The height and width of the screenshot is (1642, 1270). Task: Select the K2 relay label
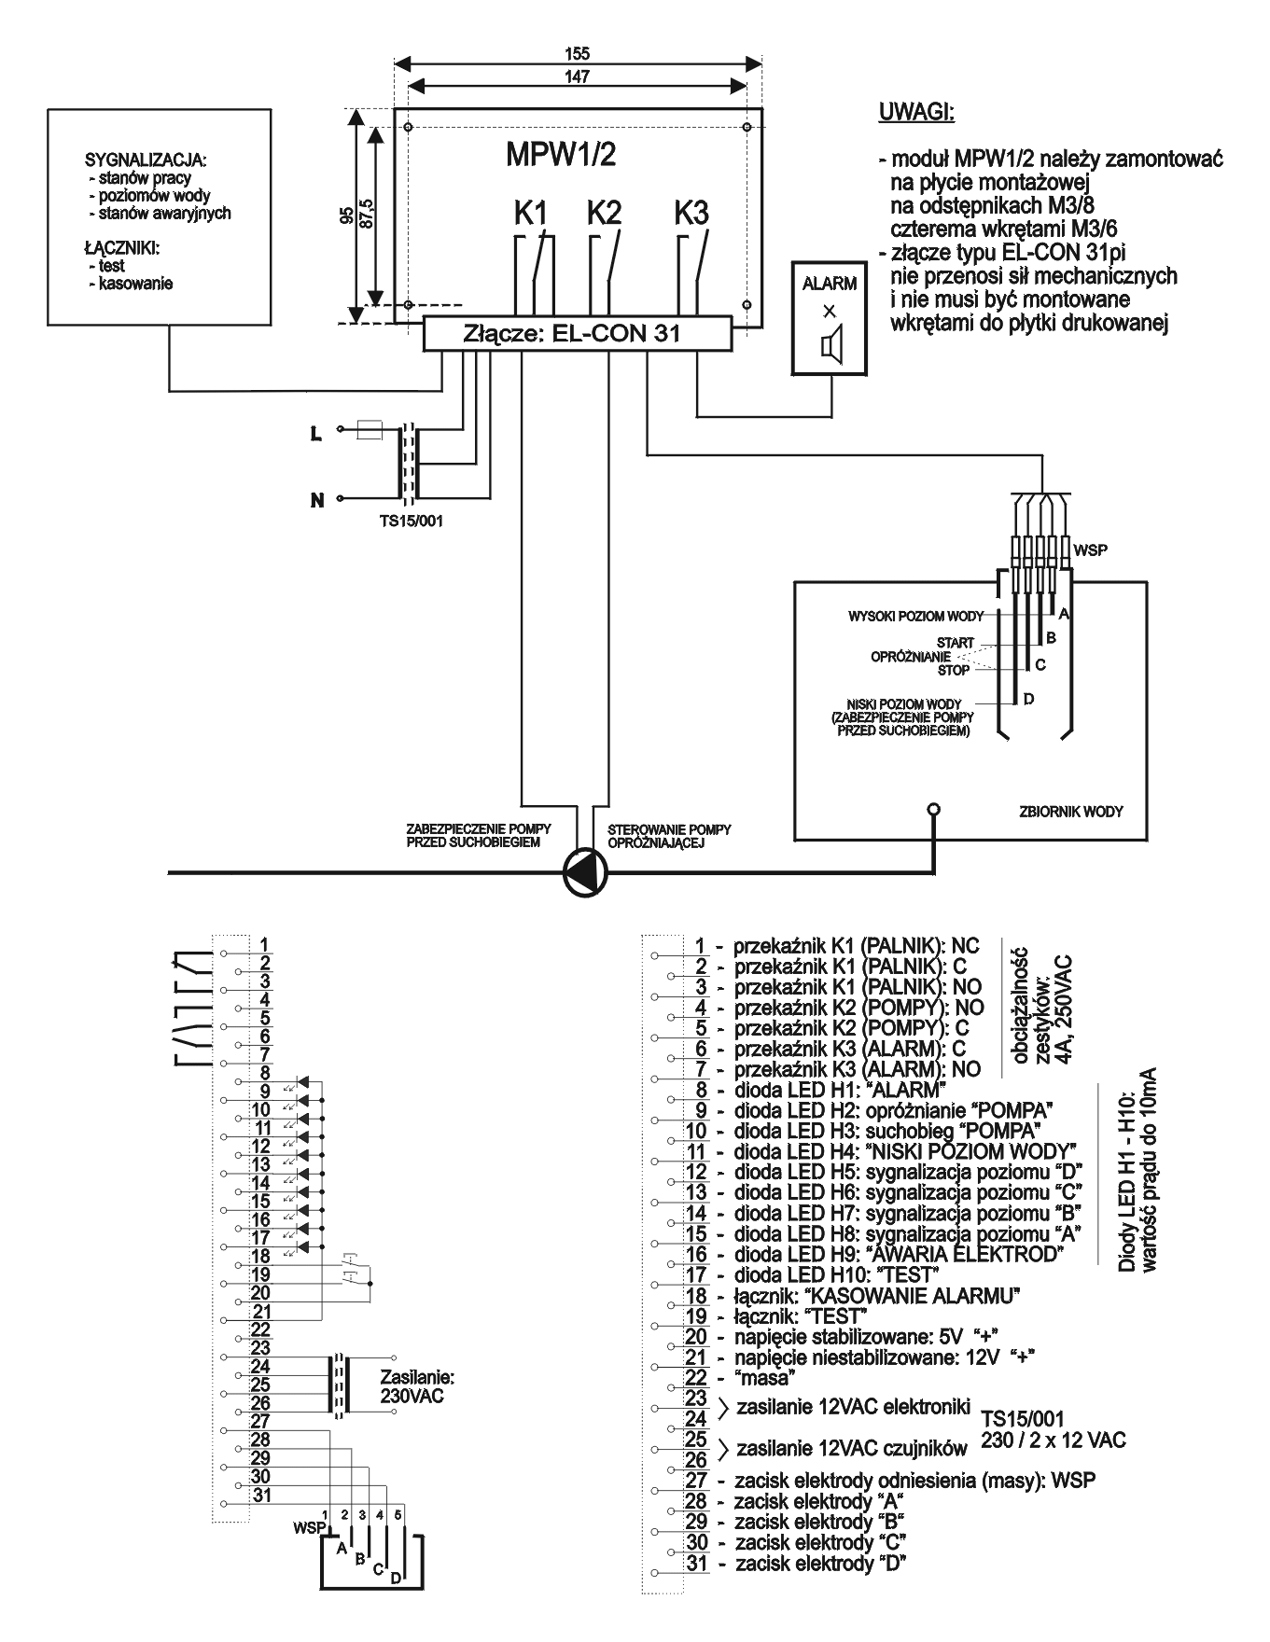(604, 213)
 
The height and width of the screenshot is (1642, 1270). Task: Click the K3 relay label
(691, 213)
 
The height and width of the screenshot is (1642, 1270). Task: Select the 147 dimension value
(578, 77)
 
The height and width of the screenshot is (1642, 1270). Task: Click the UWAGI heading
(916, 113)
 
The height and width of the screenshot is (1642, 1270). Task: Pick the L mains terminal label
(316, 434)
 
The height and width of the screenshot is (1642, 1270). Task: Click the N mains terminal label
(317, 501)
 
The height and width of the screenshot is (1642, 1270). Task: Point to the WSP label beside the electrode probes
(1090, 550)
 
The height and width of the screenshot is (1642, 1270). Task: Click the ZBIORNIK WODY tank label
(1070, 812)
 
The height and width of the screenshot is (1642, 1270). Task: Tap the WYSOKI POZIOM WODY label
(915, 617)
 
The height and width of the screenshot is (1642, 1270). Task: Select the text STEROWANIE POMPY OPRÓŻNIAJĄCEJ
(669, 836)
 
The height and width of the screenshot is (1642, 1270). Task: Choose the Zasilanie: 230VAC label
(417, 1386)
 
